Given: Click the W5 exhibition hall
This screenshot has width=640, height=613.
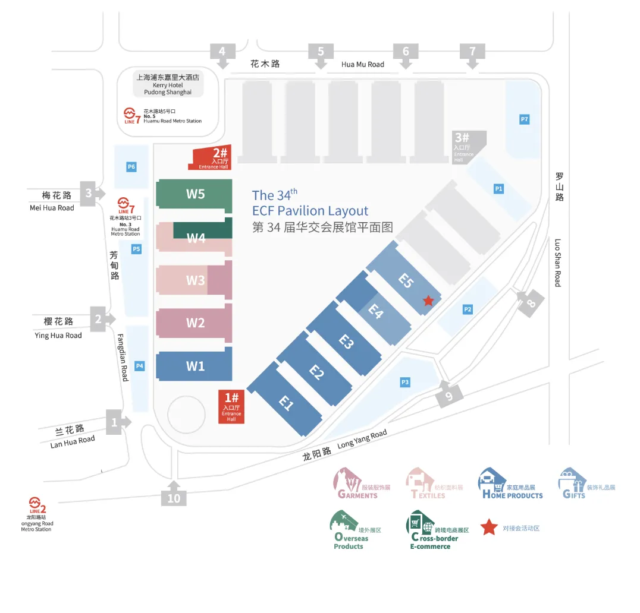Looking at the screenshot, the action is (194, 194).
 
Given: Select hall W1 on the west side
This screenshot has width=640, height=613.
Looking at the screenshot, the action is (194, 366).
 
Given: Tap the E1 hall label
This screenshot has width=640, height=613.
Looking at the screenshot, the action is (287, 403).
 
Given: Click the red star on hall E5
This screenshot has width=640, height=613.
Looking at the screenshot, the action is (428, 301).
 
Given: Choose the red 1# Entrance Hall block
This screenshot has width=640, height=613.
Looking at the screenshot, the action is (231, 407).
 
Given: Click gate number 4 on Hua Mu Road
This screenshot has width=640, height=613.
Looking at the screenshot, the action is (222, 52).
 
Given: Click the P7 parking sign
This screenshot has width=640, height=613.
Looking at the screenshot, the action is (524, 119).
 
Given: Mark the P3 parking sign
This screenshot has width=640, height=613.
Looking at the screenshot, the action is (405, 382).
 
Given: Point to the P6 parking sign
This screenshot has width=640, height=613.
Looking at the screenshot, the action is (131, 167).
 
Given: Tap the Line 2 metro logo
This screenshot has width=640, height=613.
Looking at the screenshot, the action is (37, 504).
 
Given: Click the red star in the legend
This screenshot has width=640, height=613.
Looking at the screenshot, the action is (489, 527).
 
